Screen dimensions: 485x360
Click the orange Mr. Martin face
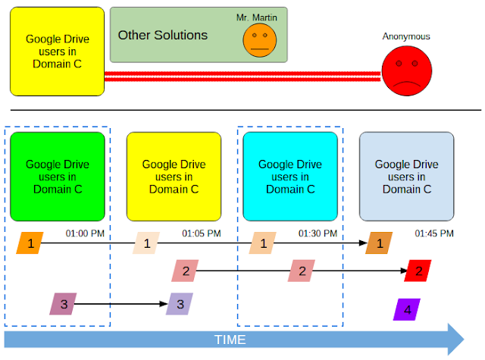[x=259, y=40]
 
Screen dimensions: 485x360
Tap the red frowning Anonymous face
[x=407, y=70]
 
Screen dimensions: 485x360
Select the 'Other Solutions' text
[x=163, y=35]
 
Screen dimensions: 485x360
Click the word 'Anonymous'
[x=406, y=36]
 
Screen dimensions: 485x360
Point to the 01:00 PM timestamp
[x=85, y=233]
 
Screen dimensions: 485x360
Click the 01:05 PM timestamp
[x=202, y=233]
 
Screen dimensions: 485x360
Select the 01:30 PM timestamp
[x=318, y=233]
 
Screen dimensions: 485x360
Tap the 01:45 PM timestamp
[x=434, y=233]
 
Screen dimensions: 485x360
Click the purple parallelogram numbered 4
[x=407, y=309]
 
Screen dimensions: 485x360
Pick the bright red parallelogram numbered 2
[x=418, y=271]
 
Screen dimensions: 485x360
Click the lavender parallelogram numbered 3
[x=180, y=304]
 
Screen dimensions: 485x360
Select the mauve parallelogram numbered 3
[x=63, y=304]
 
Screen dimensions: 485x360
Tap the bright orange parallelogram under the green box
[x=30, y=243]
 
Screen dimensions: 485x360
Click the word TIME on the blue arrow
[x=230, y=340]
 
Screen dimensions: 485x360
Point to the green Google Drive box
[x=58, y=177]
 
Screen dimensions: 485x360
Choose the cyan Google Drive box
[x=290, y=177]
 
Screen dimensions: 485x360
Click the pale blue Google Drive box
[x=407, y=177]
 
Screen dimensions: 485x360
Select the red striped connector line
[x=242, y=77]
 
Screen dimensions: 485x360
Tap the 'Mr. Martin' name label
[x=257, y=17]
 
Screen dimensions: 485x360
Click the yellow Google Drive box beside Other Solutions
[x=58, y=52]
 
